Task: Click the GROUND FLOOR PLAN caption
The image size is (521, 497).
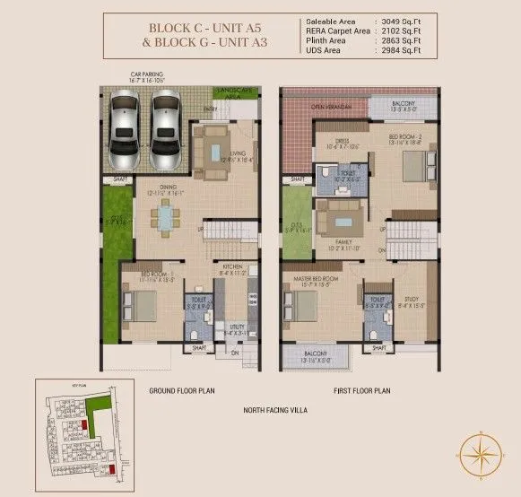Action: pyautogui.click(x=184, y=391)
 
